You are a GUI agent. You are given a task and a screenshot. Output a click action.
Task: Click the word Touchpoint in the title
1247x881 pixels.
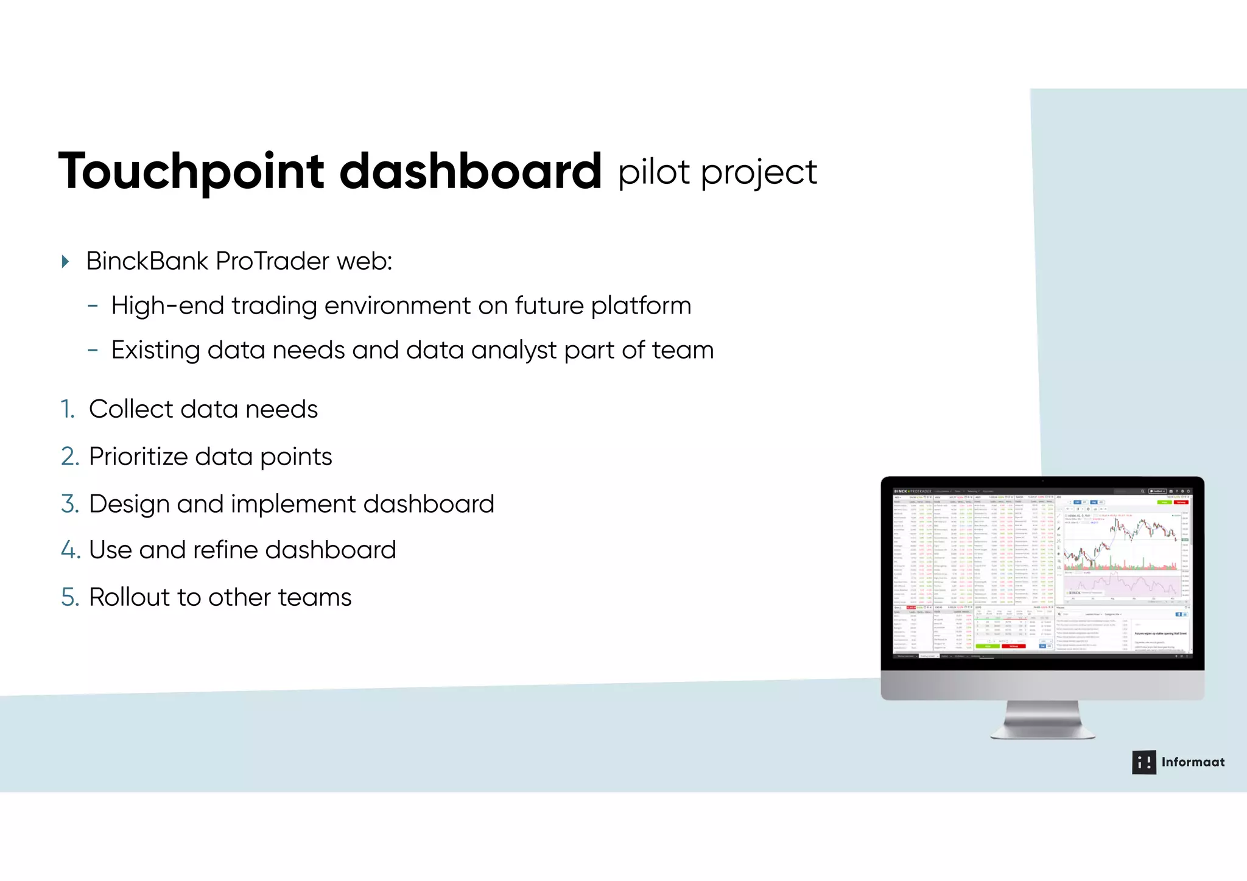tap(191, 172)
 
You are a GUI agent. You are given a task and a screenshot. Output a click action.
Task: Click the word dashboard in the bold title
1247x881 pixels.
tap(470, 171)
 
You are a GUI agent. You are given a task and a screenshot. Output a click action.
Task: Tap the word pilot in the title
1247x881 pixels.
tap(654, 172)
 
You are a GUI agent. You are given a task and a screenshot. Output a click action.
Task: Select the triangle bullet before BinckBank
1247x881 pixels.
tap(66, 262)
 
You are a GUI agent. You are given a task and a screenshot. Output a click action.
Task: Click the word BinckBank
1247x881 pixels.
tap(147, 261)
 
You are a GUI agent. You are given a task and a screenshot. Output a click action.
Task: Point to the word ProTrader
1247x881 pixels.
tap(273, 261)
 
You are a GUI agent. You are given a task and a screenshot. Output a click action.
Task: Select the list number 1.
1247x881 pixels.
tap(67, 409)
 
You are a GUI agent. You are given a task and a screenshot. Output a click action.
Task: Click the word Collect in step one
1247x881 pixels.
tap(131, 409)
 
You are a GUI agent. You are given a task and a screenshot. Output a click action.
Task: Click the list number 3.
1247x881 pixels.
tap(69, 504)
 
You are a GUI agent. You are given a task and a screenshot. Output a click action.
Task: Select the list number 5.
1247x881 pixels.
tap(69, 597)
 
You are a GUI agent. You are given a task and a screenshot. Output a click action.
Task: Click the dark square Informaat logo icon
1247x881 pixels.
tap(1143, 762)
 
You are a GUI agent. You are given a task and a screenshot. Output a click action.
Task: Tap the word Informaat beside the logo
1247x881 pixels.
tap(1193, 762)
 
